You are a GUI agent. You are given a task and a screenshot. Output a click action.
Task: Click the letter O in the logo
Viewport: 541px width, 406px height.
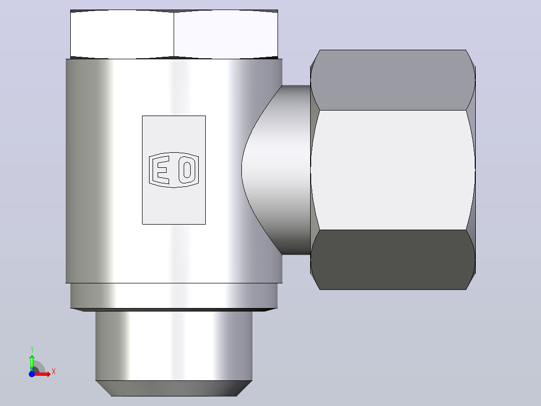(x=187, y=170)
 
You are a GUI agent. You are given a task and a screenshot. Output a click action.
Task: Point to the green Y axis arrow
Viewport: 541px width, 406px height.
(x=32, y=363)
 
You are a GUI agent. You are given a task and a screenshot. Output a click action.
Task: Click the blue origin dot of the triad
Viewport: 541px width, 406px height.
(x=32, y=374)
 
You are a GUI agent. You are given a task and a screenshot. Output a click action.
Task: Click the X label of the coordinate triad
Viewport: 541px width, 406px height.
(x=54, y=372)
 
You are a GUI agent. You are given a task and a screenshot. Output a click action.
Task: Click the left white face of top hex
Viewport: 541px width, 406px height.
(x=122, y=34)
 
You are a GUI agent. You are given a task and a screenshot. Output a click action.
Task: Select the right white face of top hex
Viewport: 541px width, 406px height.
(x=226, y=34)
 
